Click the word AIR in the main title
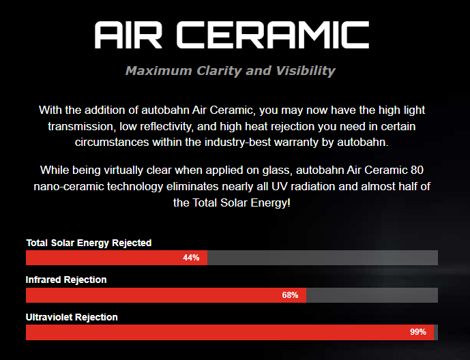(x=128, y=35)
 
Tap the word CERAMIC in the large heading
(x=273, y=35)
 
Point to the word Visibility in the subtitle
(x=306, y=71)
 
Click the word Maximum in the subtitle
(x=158, y=71)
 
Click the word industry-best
(x=237, y=142)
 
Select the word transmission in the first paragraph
(x=80, y=126)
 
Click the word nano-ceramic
(x=69, y=187)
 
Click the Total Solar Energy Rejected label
(x=89, y=243)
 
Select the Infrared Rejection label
(x=66, y=280)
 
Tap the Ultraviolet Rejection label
(x=72, y=317)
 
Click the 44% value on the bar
(x=191, y=258)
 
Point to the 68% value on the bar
(x=290, y=295)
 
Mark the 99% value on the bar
(x=418, y=332)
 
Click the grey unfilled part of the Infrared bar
(x=372, y=295)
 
